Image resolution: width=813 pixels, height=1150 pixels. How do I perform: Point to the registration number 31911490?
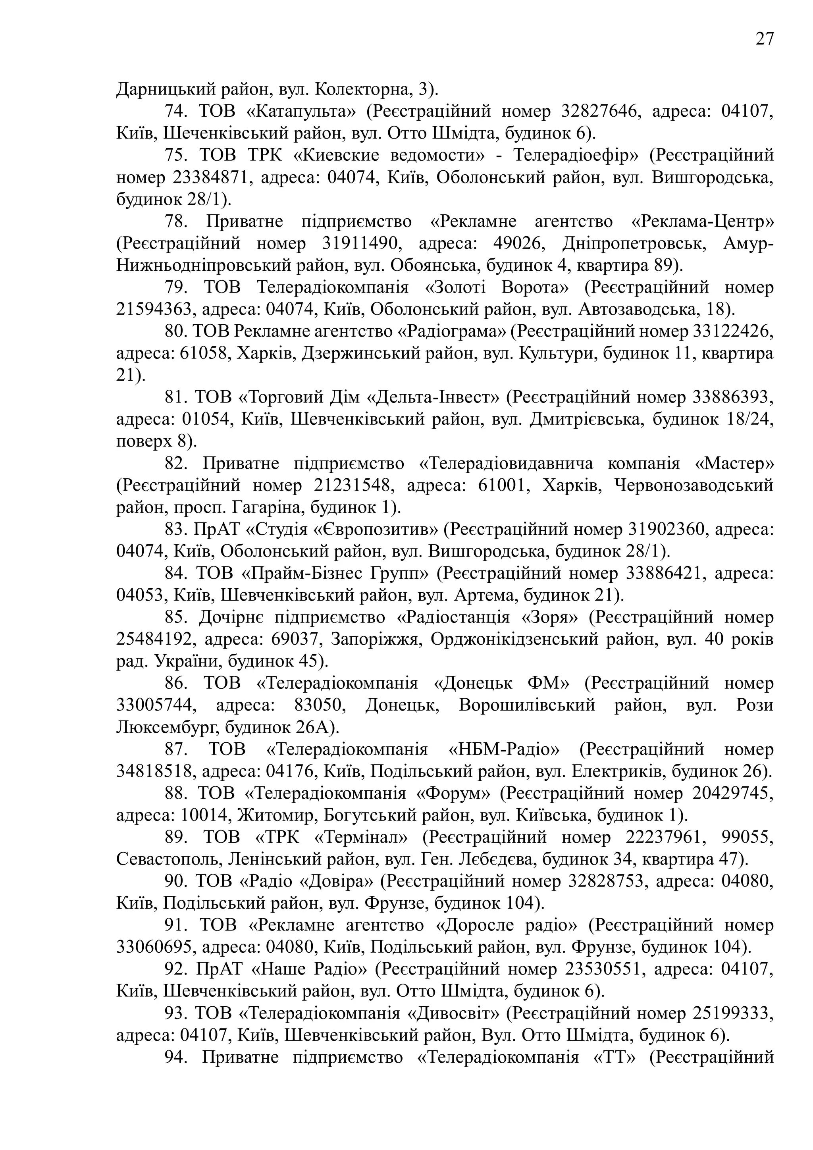tap(360, 243)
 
